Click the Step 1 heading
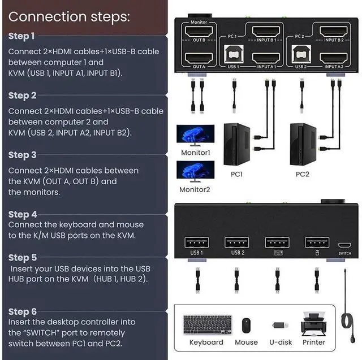click(x=22, y=36)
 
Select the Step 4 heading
click(x=23, y=214)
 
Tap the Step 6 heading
click(x=23, y=311)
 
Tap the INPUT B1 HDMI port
click(x=266, y=32)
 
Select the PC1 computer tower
click(x=236, y=144)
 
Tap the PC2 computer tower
click(x=303, y=144)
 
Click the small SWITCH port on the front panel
click(x=344, y=245)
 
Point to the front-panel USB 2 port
click(x=236, y=242)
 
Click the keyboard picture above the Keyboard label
click(x=206, y=324)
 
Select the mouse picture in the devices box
click(x=246, y=326)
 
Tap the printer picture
click(x=313, y=323)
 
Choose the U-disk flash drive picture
click(x=281, y=326)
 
